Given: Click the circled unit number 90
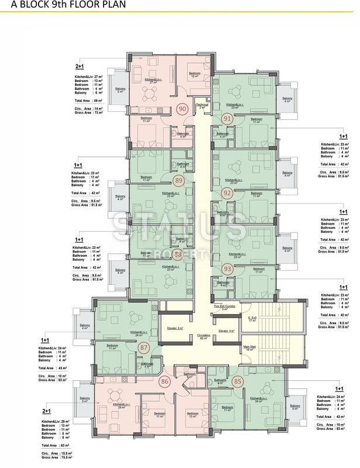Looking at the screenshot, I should [182, 109].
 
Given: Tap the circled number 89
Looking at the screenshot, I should [179, 180].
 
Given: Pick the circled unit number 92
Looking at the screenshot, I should [227, 192].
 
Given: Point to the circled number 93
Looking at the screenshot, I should [228, 268].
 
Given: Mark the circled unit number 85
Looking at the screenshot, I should [237, 383].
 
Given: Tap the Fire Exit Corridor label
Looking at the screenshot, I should [224, 307].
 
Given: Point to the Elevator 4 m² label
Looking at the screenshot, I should [226, 331].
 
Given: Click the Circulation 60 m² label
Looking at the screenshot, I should [204, 337].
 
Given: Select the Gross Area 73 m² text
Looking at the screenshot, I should [87, 112].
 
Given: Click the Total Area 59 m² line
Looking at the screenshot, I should [87, 101].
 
